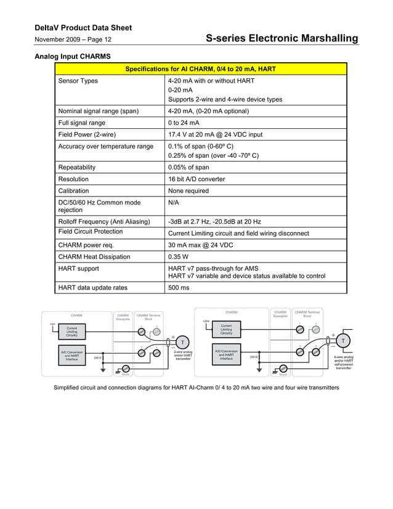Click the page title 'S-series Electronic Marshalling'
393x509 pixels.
(x=282, y=38)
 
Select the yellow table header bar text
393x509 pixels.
(x=201, y=69)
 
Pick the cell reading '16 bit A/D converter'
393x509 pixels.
(x=197, y=179)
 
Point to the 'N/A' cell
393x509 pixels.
(x=174, y=203)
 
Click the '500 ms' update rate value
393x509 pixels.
(x=179, y=287)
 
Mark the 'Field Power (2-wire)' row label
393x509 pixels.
(x=87, y=134)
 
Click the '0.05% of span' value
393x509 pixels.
(x=188, y=167)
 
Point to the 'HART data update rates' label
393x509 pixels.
(x=93, y=287)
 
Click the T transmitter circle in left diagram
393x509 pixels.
(x=182, y=342)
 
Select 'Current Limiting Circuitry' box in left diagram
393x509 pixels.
(x=72, y=332)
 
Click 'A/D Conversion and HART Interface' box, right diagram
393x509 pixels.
(x=226, y=356)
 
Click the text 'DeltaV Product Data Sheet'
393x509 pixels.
(x=83, y=28)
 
